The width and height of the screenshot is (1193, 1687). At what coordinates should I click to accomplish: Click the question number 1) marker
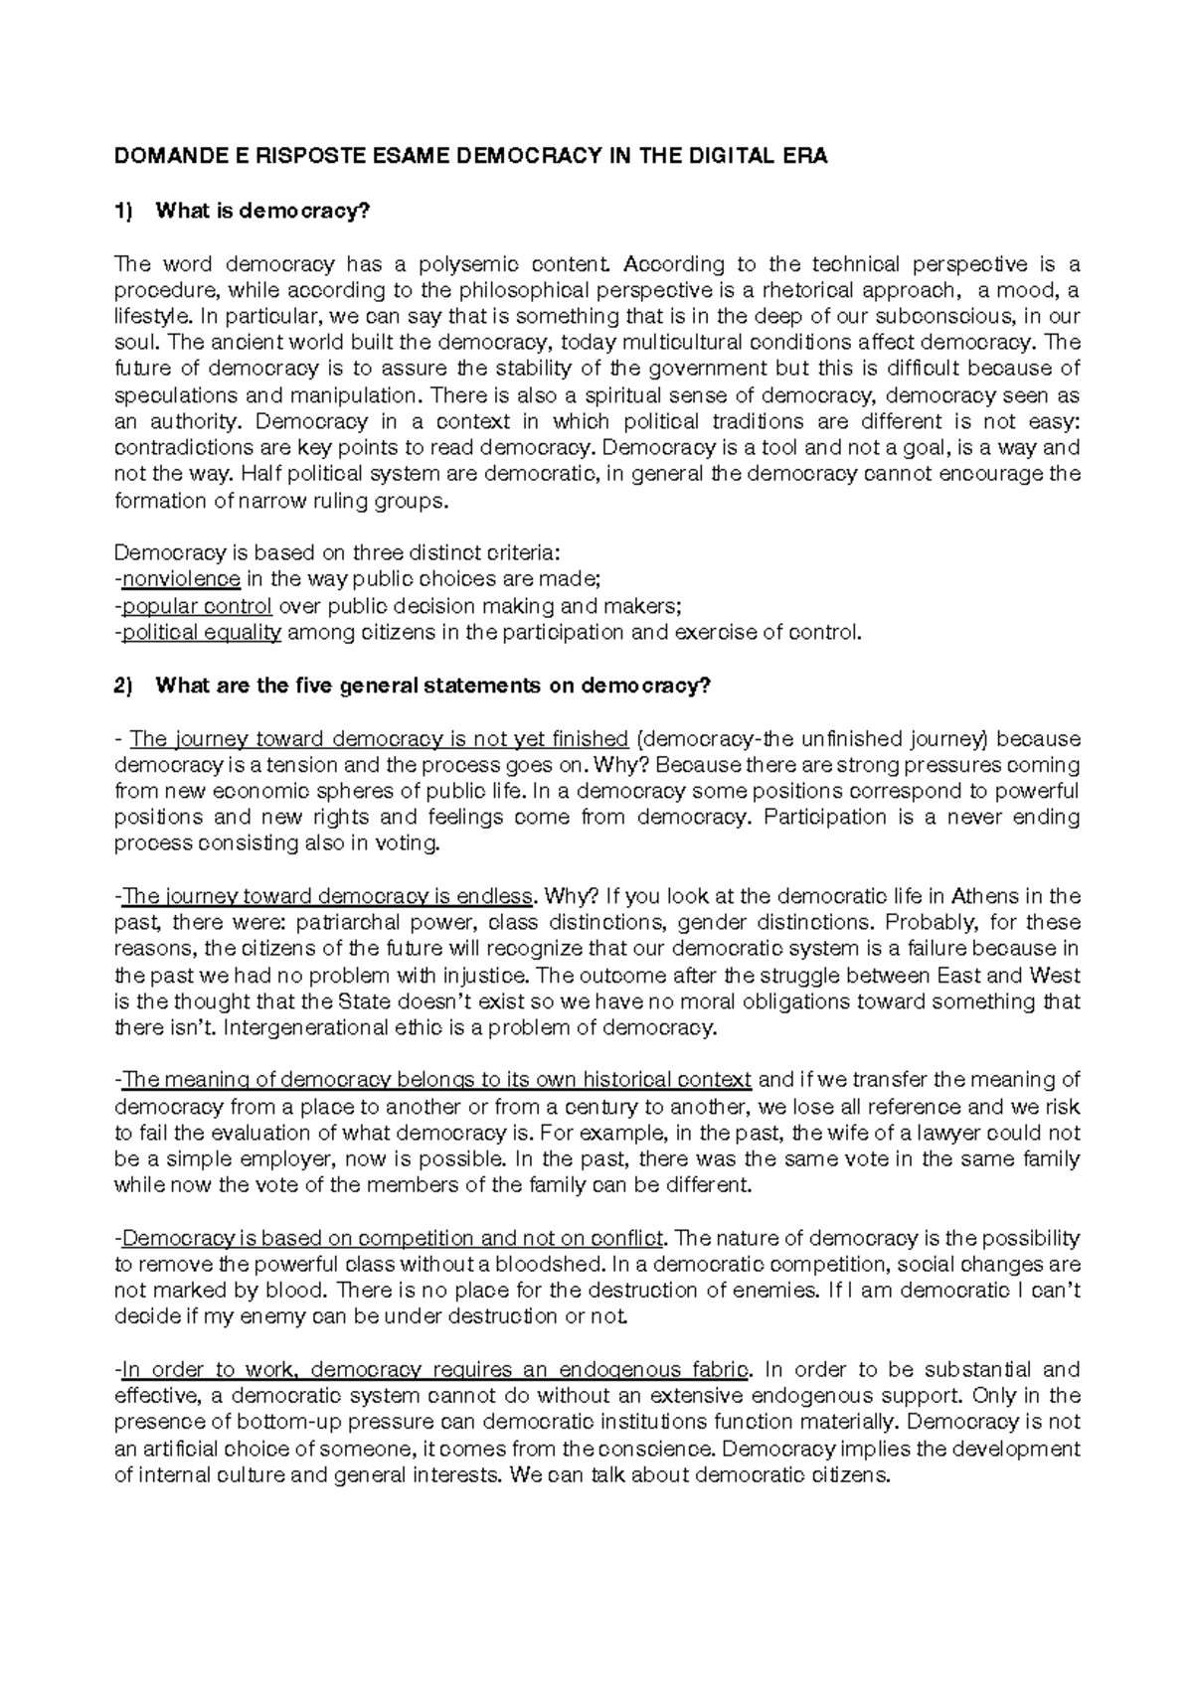[x=123, y=211]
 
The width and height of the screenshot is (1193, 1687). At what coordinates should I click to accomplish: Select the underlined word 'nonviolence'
[x=181, y=580]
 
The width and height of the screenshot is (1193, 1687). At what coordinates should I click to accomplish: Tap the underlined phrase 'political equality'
[x=202, y=633]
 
